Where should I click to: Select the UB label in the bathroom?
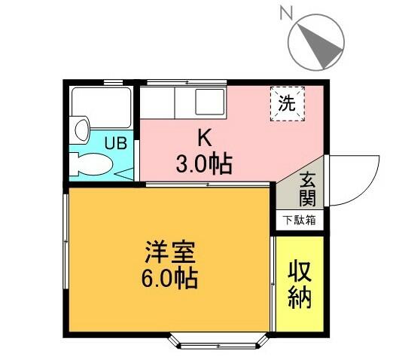coord(115,142)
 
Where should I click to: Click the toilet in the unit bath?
coord(93,163)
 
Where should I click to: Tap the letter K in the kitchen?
coord(204,137)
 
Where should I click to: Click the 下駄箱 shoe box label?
coord(300,220)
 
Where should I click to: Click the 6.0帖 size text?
coord(169,278)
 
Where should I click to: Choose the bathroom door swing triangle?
coord(126,172)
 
